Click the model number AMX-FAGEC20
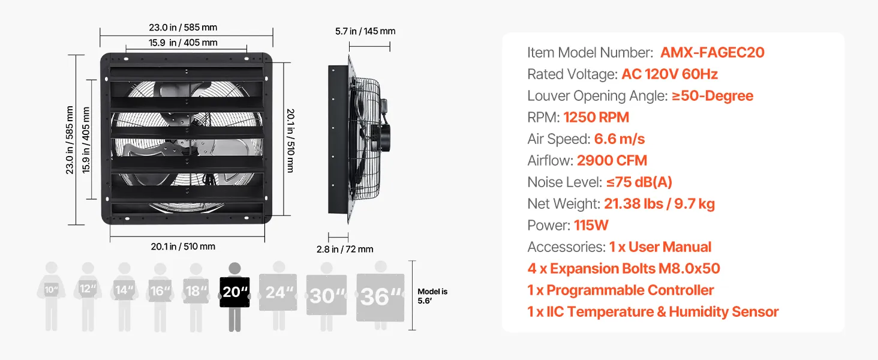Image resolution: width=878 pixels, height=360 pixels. point(712,53)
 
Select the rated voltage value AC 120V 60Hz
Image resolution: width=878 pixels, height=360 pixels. point(669,74)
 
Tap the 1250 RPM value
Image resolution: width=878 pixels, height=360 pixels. point(596,117)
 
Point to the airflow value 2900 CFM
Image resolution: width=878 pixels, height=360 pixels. point(612,160)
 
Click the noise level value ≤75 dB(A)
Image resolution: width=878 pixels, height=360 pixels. point(639,182)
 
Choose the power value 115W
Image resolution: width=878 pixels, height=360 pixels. point(591,225)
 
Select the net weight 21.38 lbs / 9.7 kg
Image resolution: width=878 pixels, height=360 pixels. point(659,204)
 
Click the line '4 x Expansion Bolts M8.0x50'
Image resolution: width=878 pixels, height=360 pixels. point(624,268)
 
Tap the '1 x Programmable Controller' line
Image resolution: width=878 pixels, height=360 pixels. point(621,290)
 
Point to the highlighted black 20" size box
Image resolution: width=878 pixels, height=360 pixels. point(234,292)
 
